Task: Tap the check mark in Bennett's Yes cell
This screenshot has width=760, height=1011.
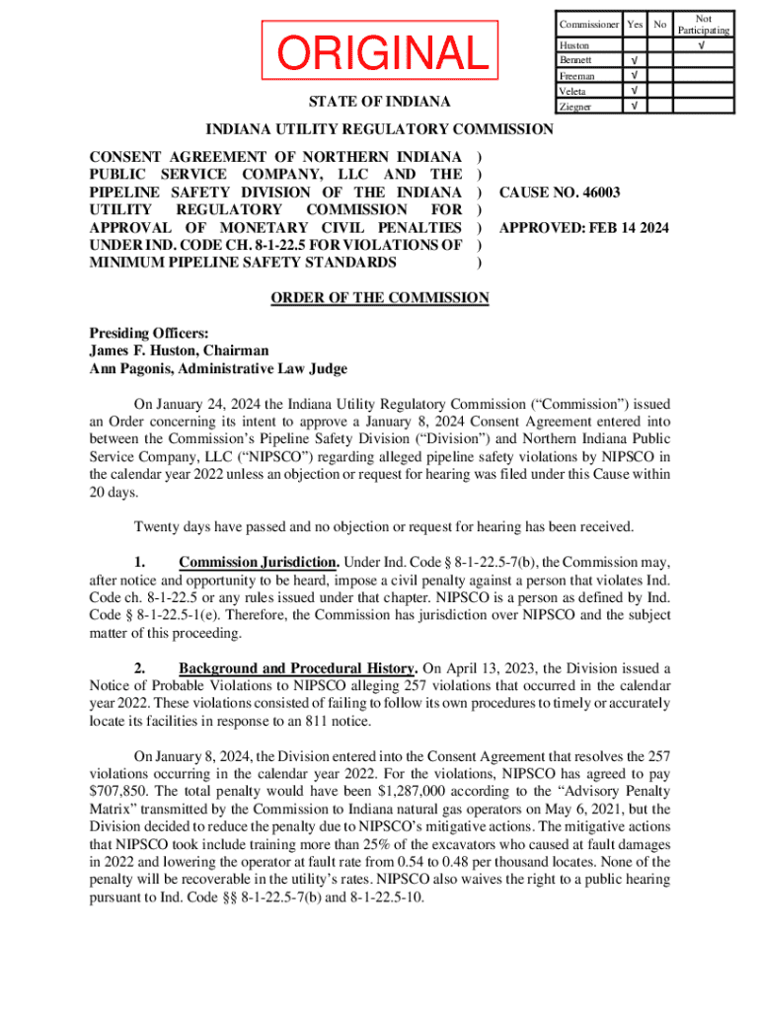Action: tap(635, 61)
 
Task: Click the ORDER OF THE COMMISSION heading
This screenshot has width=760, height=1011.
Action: tap(380, 298)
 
